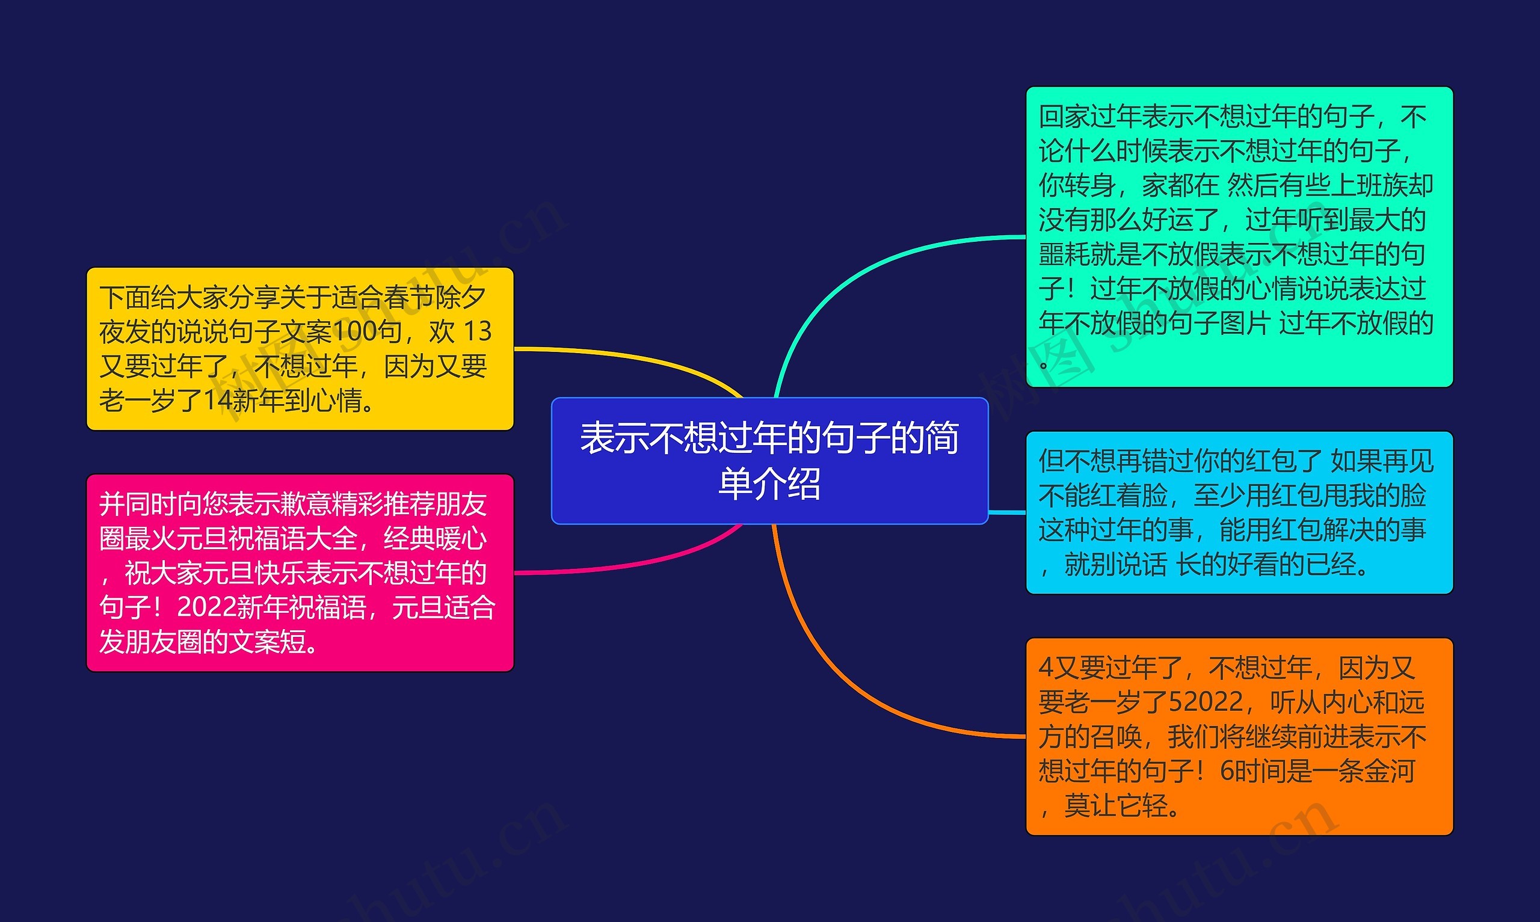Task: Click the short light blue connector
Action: tap(1006, 512)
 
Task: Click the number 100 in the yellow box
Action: tap(359, 332)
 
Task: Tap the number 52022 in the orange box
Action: tap(1206, 702)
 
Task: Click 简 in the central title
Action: tap(942, 438)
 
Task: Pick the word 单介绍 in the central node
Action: tap(769, 484)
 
